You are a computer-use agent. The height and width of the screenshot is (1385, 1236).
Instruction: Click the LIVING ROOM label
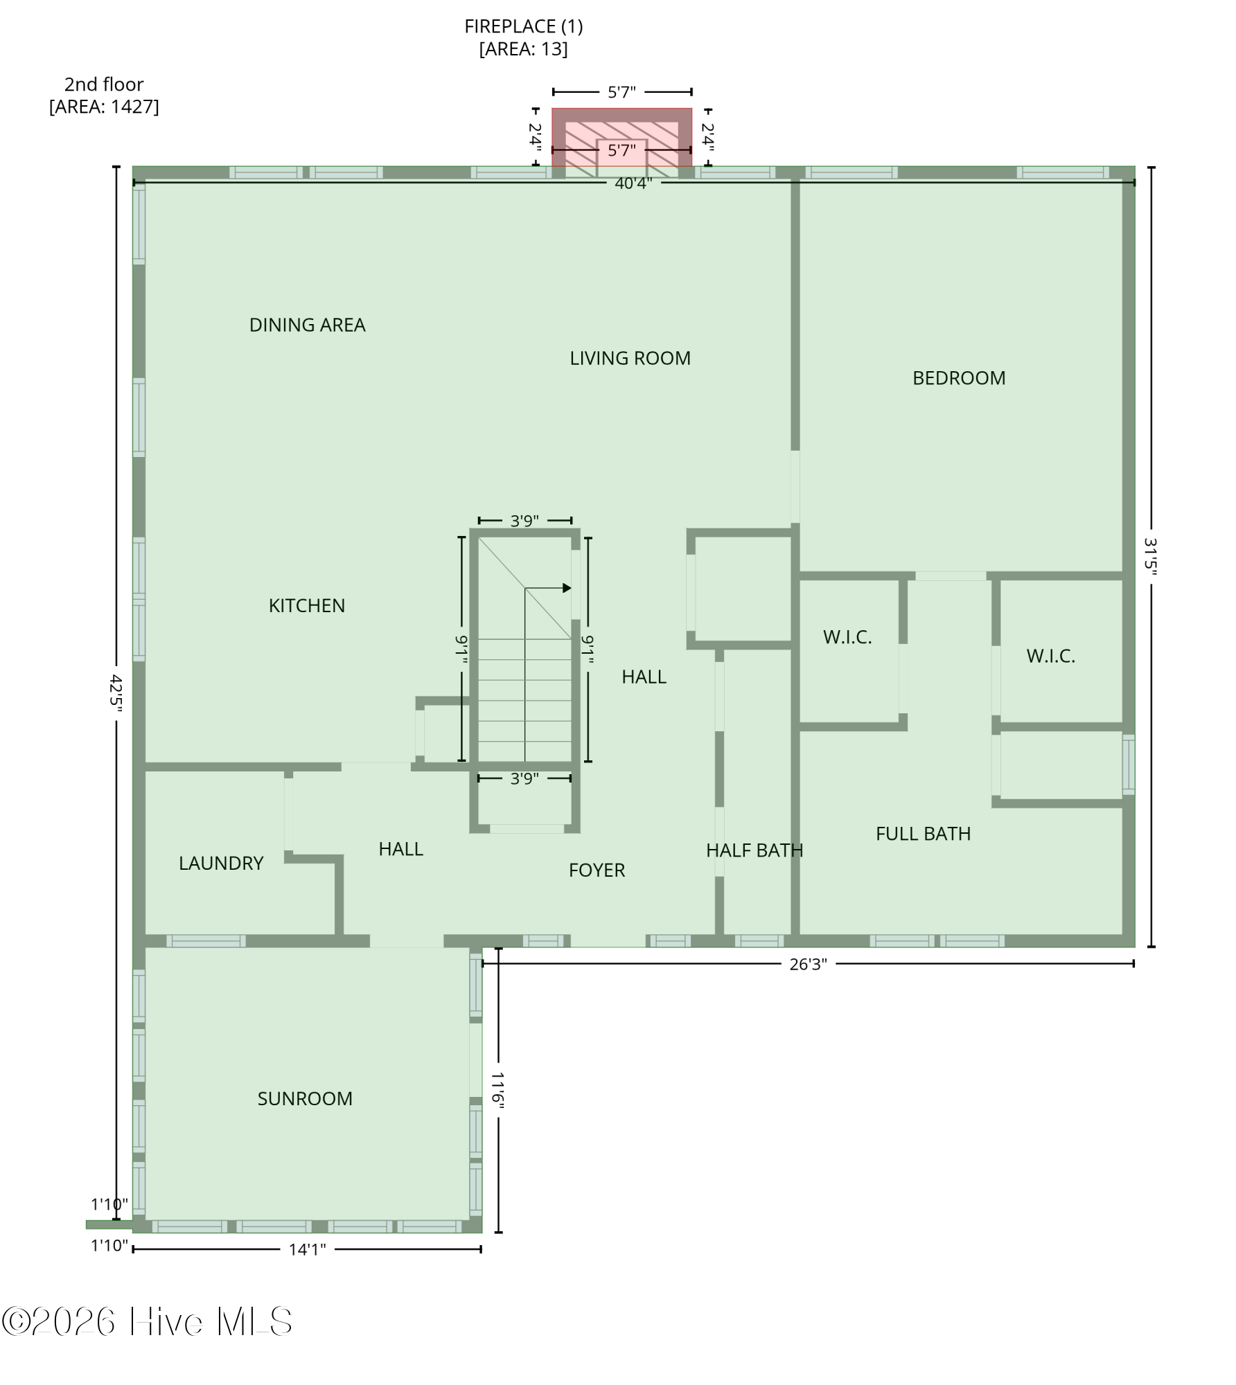click(630, 359)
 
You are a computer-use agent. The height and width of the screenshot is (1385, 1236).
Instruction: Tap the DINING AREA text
click(307, 325)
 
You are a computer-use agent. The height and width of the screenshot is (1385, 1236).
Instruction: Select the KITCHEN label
click(307, 606)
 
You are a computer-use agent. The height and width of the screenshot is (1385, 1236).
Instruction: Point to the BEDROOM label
click(959, 378)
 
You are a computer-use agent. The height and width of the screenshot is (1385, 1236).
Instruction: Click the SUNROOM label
click(305, 1099)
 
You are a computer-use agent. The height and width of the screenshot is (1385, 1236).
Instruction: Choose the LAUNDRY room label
click(221, 864)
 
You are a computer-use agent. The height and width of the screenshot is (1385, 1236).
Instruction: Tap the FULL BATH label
click(923, 834)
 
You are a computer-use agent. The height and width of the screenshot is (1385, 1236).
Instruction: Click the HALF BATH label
click(754, 850)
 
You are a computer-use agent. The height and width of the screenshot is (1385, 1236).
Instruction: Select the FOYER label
click(597, 870)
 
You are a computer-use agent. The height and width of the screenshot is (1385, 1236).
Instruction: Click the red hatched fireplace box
click(621, 137)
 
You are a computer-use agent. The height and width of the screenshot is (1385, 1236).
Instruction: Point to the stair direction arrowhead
click(567, 588)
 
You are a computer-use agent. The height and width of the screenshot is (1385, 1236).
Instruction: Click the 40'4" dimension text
click(633, 184)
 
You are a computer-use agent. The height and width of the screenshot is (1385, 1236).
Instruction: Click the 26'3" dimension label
click(808, 965)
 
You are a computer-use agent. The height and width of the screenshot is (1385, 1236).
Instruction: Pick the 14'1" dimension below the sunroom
click(307, 1249)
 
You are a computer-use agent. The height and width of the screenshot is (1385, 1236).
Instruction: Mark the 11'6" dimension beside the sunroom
click(498, 1090)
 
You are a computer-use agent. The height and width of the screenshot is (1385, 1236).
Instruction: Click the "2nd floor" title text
click(104, 84)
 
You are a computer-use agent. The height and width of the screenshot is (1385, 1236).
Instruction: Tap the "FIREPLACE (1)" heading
click(524, 27)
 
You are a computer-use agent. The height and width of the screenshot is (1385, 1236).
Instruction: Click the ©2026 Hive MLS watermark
click(147, 1322)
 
